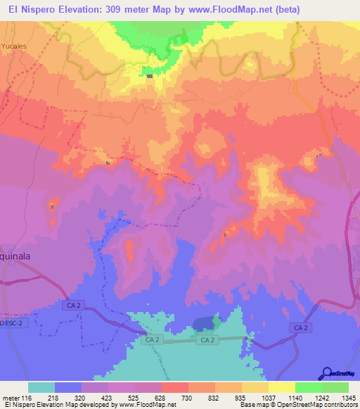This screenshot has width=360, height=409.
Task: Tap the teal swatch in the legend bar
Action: click(x=41, y=387)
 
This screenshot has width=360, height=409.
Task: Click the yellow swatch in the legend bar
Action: click(x=282, y=387)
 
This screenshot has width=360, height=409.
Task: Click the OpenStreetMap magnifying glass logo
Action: click(x=327, y=373)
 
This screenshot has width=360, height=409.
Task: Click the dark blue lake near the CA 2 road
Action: click(x=205, y=323)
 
